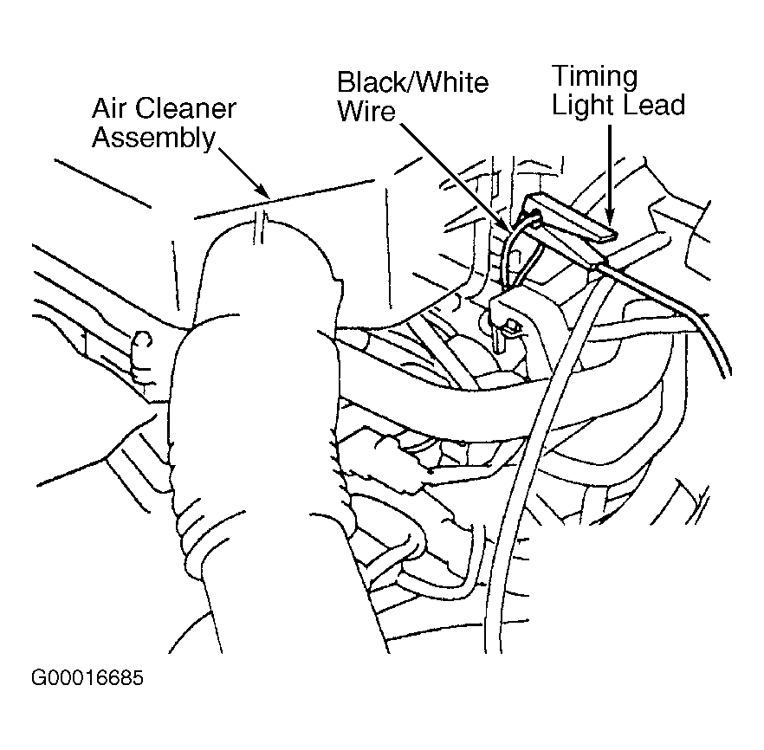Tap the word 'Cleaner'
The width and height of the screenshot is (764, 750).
point(185,108)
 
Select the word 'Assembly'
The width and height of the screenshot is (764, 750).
point(153,139)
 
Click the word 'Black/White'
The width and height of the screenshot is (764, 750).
point(412,82)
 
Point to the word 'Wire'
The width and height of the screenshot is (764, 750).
point(366,111)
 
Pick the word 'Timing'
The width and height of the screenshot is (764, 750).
point(594,77)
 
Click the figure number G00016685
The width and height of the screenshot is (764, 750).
point(87,678)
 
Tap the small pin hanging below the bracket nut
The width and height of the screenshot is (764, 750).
point(499,340)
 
